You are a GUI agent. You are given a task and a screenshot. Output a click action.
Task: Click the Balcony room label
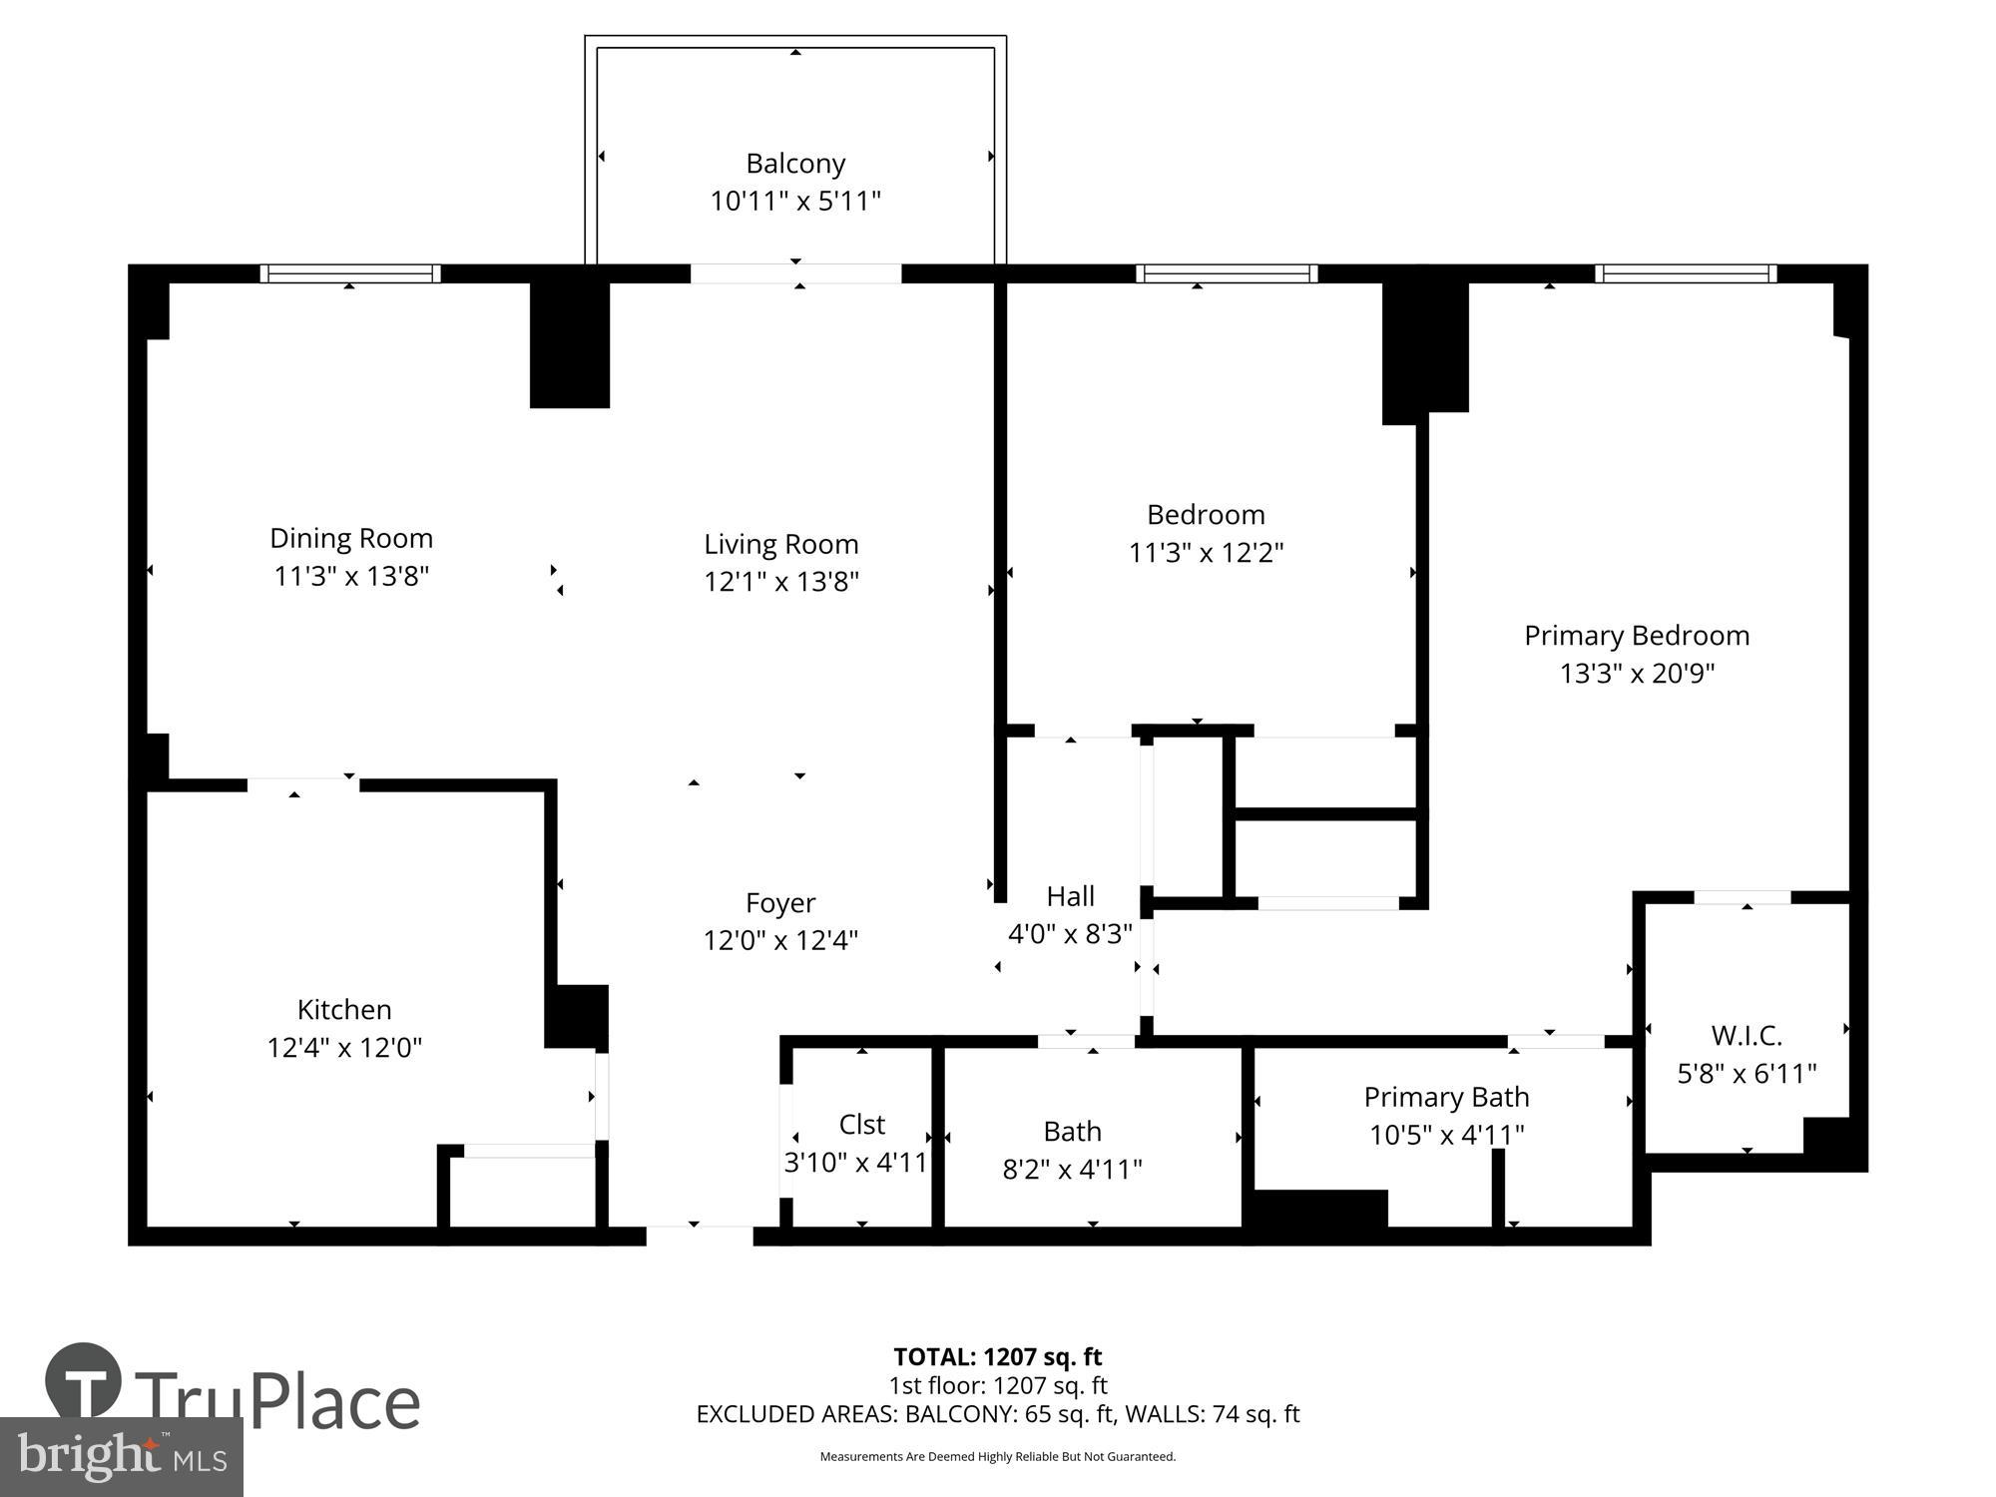coord(795,164)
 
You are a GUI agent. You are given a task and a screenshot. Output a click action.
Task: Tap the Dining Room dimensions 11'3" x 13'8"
coord(351,577)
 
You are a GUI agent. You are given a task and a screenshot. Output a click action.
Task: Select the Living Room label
coord(780,544)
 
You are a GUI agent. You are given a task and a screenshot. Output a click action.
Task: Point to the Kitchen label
coord(344,1009)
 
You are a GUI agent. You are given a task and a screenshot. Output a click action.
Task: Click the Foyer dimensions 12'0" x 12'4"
coord(780,940)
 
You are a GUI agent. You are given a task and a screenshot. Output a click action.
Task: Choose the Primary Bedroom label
coord(1637,636)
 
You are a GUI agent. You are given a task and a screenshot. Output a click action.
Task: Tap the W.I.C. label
coord(1746,1035)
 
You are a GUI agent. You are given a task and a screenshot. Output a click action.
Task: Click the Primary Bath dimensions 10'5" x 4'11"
coord(1446,1135)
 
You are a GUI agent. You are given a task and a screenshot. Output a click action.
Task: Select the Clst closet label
coord(861,1125)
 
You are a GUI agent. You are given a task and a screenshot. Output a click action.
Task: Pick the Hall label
coord(1070,896)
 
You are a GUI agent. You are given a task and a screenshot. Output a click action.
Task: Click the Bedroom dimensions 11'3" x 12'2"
coord(1206,553)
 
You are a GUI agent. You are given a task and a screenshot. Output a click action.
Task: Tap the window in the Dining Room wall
coord(350,273)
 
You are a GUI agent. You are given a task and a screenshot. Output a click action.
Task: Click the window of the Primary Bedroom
coord(1686,273)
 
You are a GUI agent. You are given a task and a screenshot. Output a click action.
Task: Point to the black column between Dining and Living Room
coord(569,344)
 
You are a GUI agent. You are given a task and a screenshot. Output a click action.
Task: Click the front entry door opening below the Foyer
coord(699,1236)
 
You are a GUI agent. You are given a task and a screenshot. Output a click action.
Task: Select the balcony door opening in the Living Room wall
coord(795,273)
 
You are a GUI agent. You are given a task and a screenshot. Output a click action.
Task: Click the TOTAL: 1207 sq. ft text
coord(997,1357)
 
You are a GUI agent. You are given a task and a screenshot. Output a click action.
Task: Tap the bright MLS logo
coord(121,1456)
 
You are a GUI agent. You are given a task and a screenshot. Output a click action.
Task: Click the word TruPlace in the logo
coord(276,1402)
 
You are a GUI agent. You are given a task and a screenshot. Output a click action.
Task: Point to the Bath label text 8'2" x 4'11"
coord(1072,1170)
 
